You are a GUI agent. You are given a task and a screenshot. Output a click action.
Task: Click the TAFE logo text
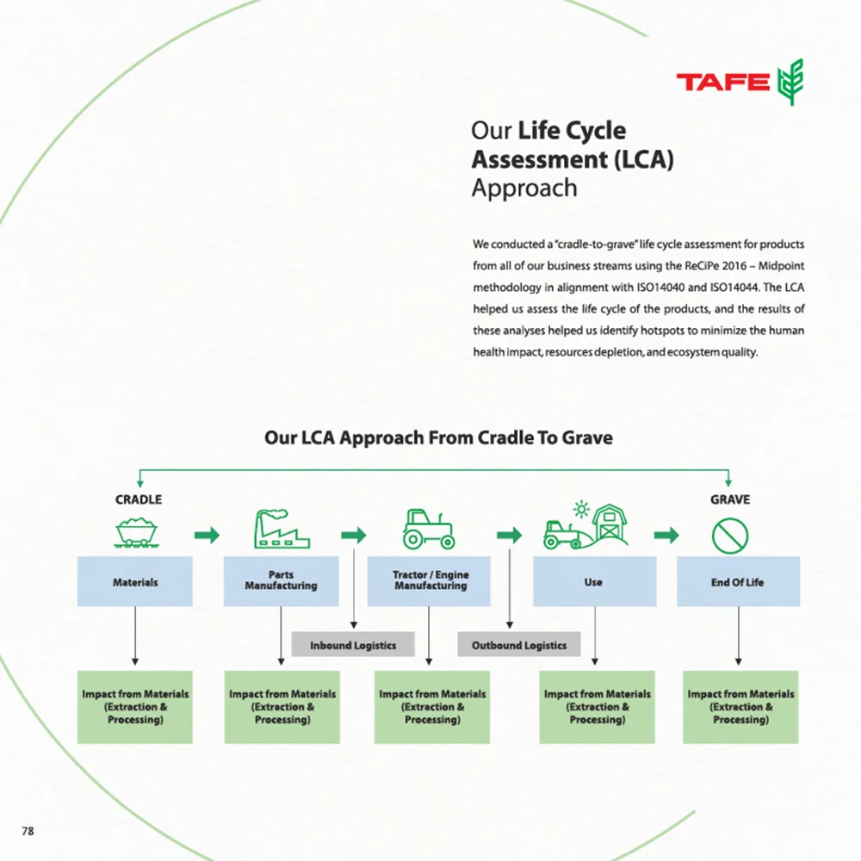[x=722, y=83]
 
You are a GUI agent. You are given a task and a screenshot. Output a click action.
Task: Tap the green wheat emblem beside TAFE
[x=790, y=83]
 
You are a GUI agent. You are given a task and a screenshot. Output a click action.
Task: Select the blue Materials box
[x=135, y=582]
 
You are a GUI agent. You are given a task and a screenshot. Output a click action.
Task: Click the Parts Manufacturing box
[x=281, y=581]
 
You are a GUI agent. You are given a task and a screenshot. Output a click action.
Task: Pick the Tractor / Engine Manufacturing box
[x=430, y=581]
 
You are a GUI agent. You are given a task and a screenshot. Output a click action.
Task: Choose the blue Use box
[x=594, y=582]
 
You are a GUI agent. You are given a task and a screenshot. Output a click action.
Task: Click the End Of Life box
[x=738, y=582]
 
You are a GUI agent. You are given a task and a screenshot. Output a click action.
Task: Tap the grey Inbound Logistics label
[x=353, y=645]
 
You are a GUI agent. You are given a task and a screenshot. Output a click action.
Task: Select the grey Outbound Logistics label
[x=519, y=645]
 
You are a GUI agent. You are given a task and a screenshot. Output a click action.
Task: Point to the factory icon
[x=281, y=530]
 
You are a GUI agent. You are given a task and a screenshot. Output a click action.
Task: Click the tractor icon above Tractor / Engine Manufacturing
[x=428, y=530]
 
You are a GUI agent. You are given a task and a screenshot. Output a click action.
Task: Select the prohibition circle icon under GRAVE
[x=730, y=536]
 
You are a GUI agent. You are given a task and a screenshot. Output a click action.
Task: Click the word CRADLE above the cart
[x=139, y=499]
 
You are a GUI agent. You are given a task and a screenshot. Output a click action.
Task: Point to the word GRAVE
[x=730, y=499]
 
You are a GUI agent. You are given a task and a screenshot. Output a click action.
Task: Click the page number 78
[x=28, y=831]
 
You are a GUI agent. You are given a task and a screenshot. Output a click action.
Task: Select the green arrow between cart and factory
[x=207, y=536]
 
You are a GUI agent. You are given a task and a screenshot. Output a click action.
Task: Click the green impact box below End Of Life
[x=740, y=707]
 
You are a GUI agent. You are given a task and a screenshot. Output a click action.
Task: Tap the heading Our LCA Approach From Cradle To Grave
[x=438, y=438]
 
